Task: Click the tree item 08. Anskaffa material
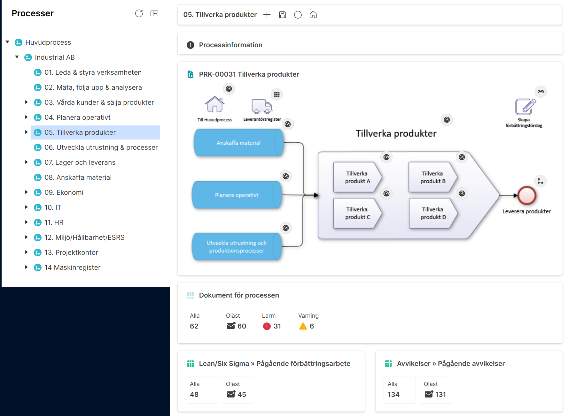pos(78,178)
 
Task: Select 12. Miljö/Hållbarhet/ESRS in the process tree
pos(84,238)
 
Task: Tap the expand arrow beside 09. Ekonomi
pos(27,192)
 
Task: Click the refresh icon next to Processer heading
pos(139,13)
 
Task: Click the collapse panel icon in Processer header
pos(154,13)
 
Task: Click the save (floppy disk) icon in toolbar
pos(283,15)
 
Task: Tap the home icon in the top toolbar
pos(313,15)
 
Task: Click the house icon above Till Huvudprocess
pos(214,104)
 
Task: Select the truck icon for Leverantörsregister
pos(262,107)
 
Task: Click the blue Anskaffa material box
pos(238,143)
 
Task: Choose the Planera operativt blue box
pos(237,195)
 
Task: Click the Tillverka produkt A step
pos(357,177)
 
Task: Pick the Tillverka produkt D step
pos(433,213)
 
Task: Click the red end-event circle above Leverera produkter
pos(527,195)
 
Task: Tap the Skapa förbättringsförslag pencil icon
pos(525,107)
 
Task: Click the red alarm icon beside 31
pos(267,326)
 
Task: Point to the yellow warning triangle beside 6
pos(303,326)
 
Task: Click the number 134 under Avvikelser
pos(393,395)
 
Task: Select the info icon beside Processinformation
pos(191,45)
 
